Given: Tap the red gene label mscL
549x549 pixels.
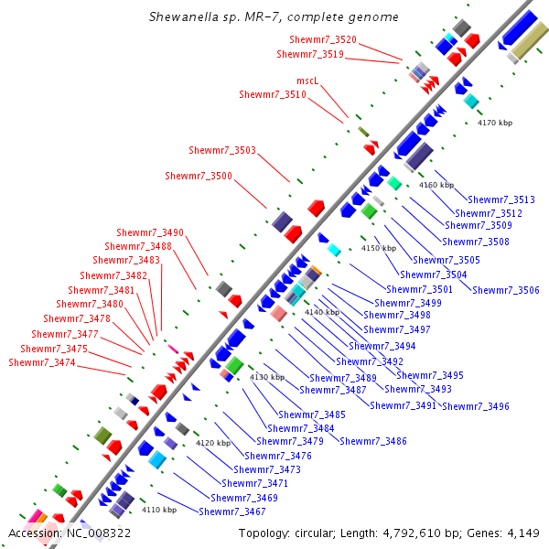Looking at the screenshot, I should pos(307,81).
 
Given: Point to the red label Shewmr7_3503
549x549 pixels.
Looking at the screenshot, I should pos(222,150).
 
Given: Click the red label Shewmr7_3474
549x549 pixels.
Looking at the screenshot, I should pos(42,363).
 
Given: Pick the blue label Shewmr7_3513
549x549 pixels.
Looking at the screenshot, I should pos(501,199).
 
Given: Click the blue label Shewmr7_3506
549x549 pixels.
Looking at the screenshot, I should pos(506,290).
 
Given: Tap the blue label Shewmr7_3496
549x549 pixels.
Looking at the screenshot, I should pos(476,406).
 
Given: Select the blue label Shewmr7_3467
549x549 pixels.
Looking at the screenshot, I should pos(232,511).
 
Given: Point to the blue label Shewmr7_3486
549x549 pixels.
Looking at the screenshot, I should pos(373,441).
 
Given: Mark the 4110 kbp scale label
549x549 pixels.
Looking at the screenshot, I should pos(158,510).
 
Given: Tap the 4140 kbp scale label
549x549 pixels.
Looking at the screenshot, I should pos(321,312).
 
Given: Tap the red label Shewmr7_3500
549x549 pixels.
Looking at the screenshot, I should pos(199,176).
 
